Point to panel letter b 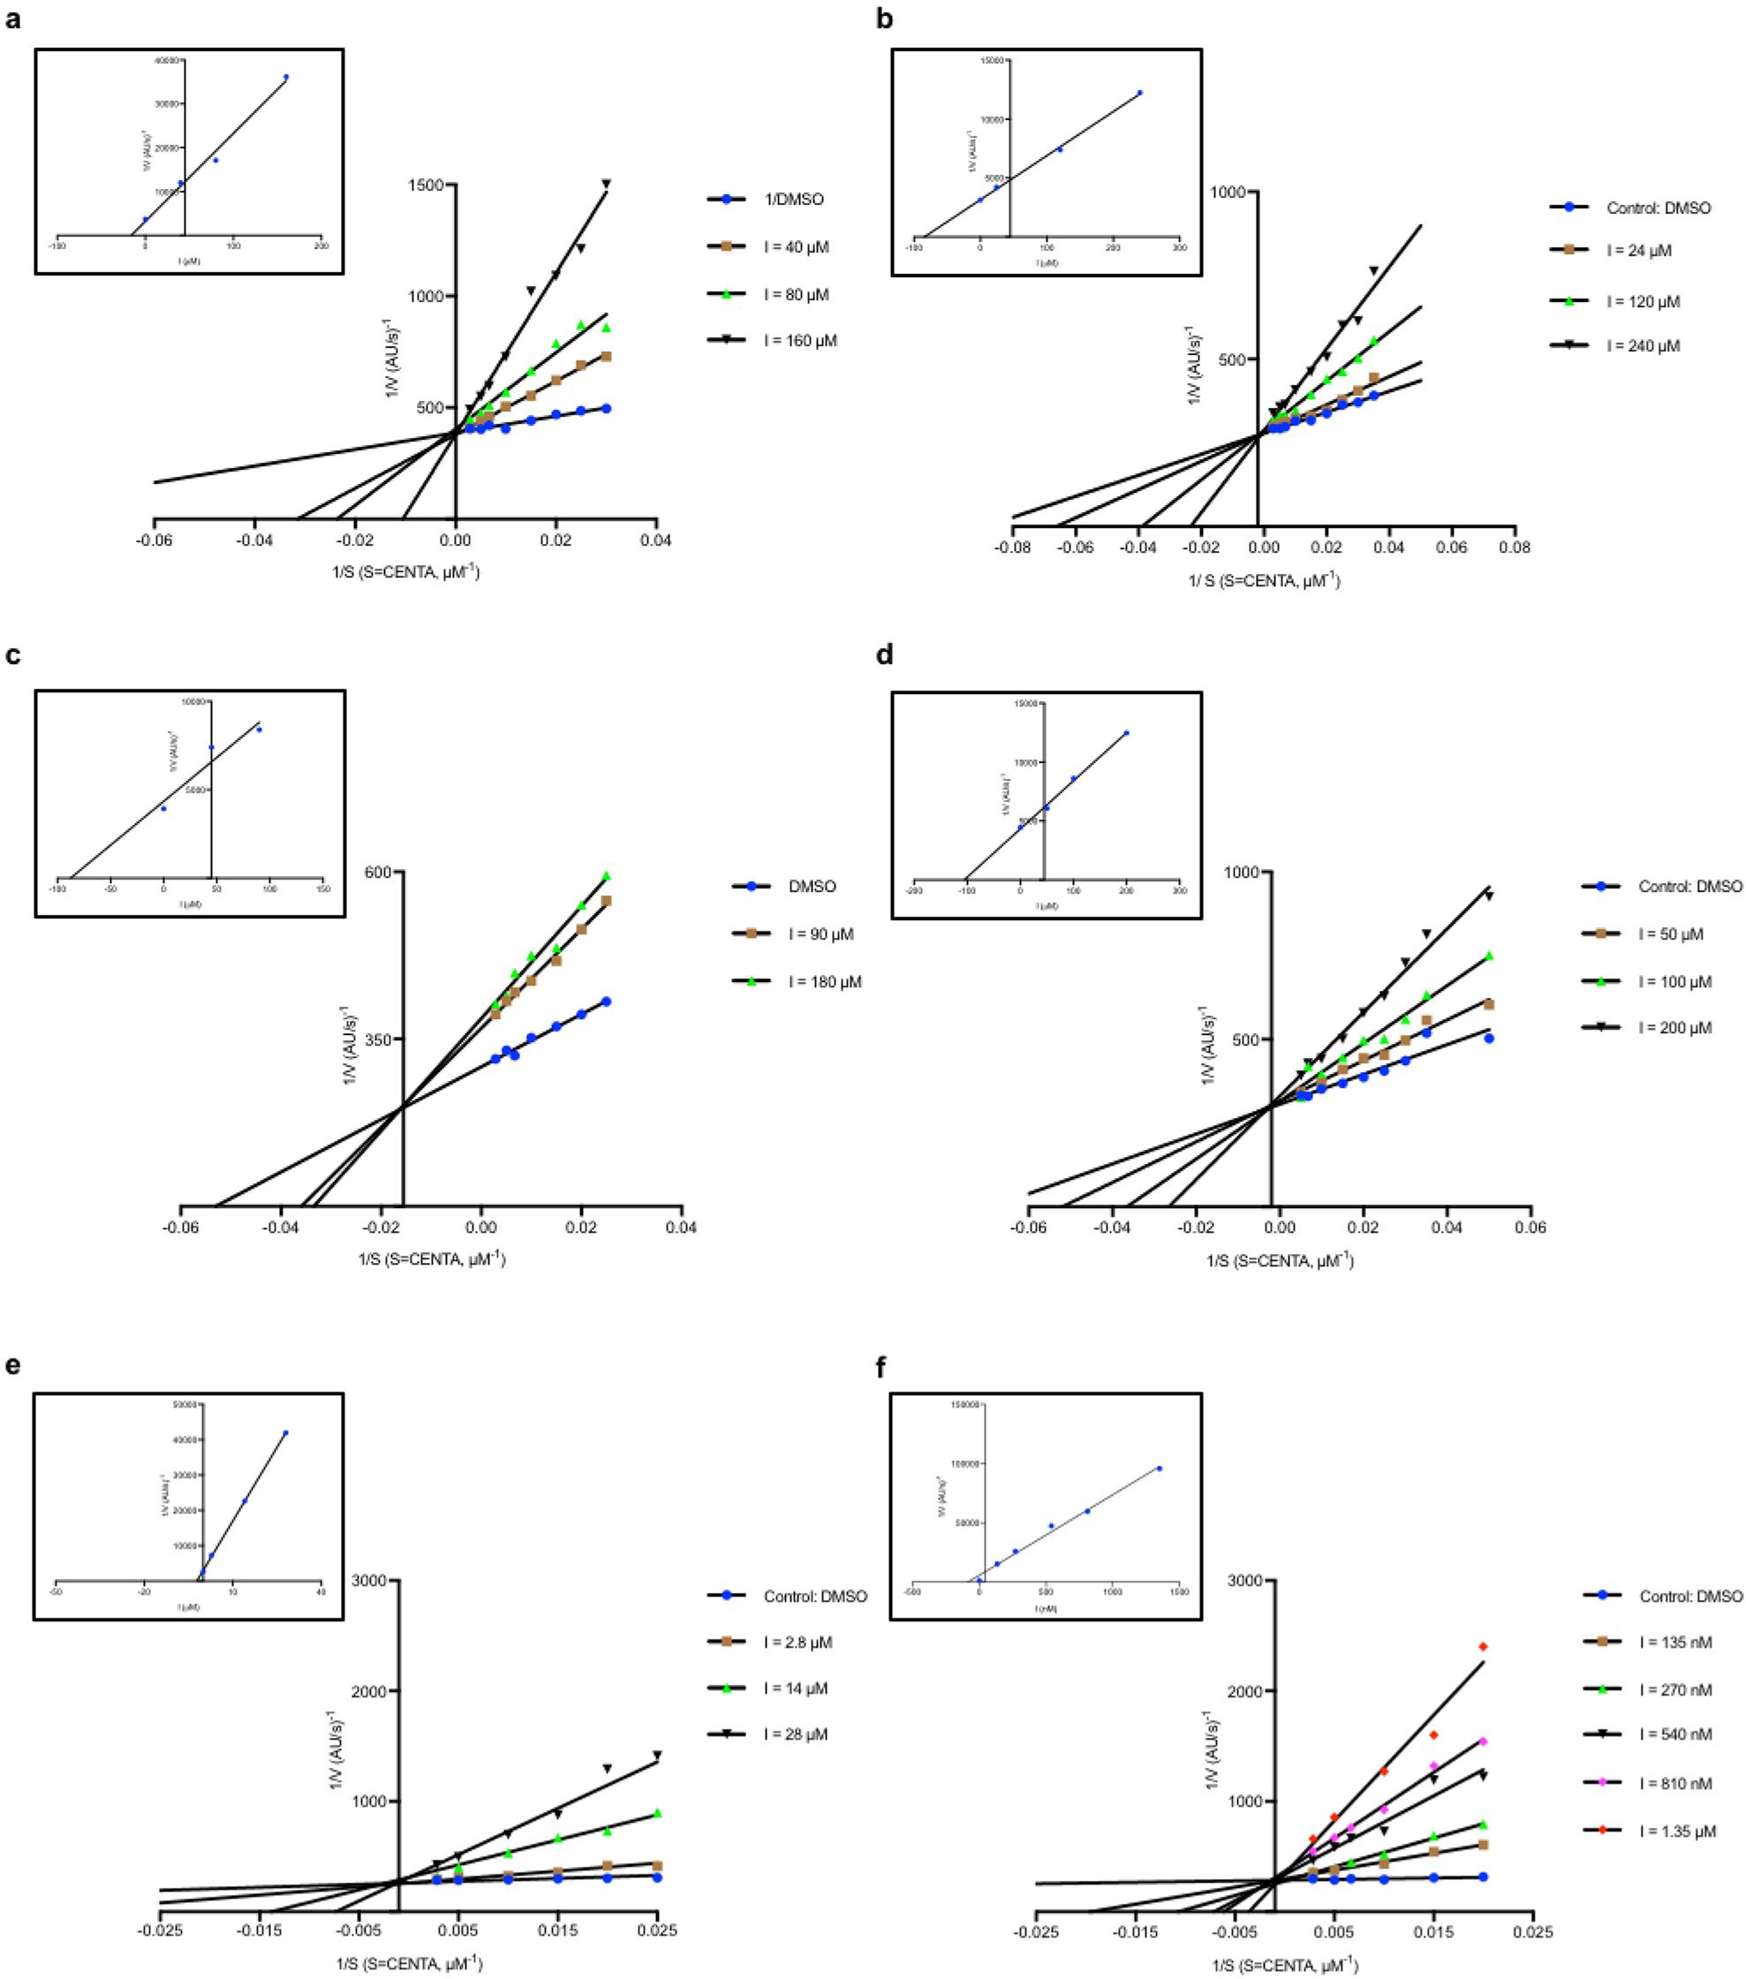(x=884, y=19)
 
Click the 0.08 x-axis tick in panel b (x=1515, y=547)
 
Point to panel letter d (x=884, y=655)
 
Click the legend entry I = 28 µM (x=795, y=1734)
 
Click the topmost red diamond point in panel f (x=1483, y=1647)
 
